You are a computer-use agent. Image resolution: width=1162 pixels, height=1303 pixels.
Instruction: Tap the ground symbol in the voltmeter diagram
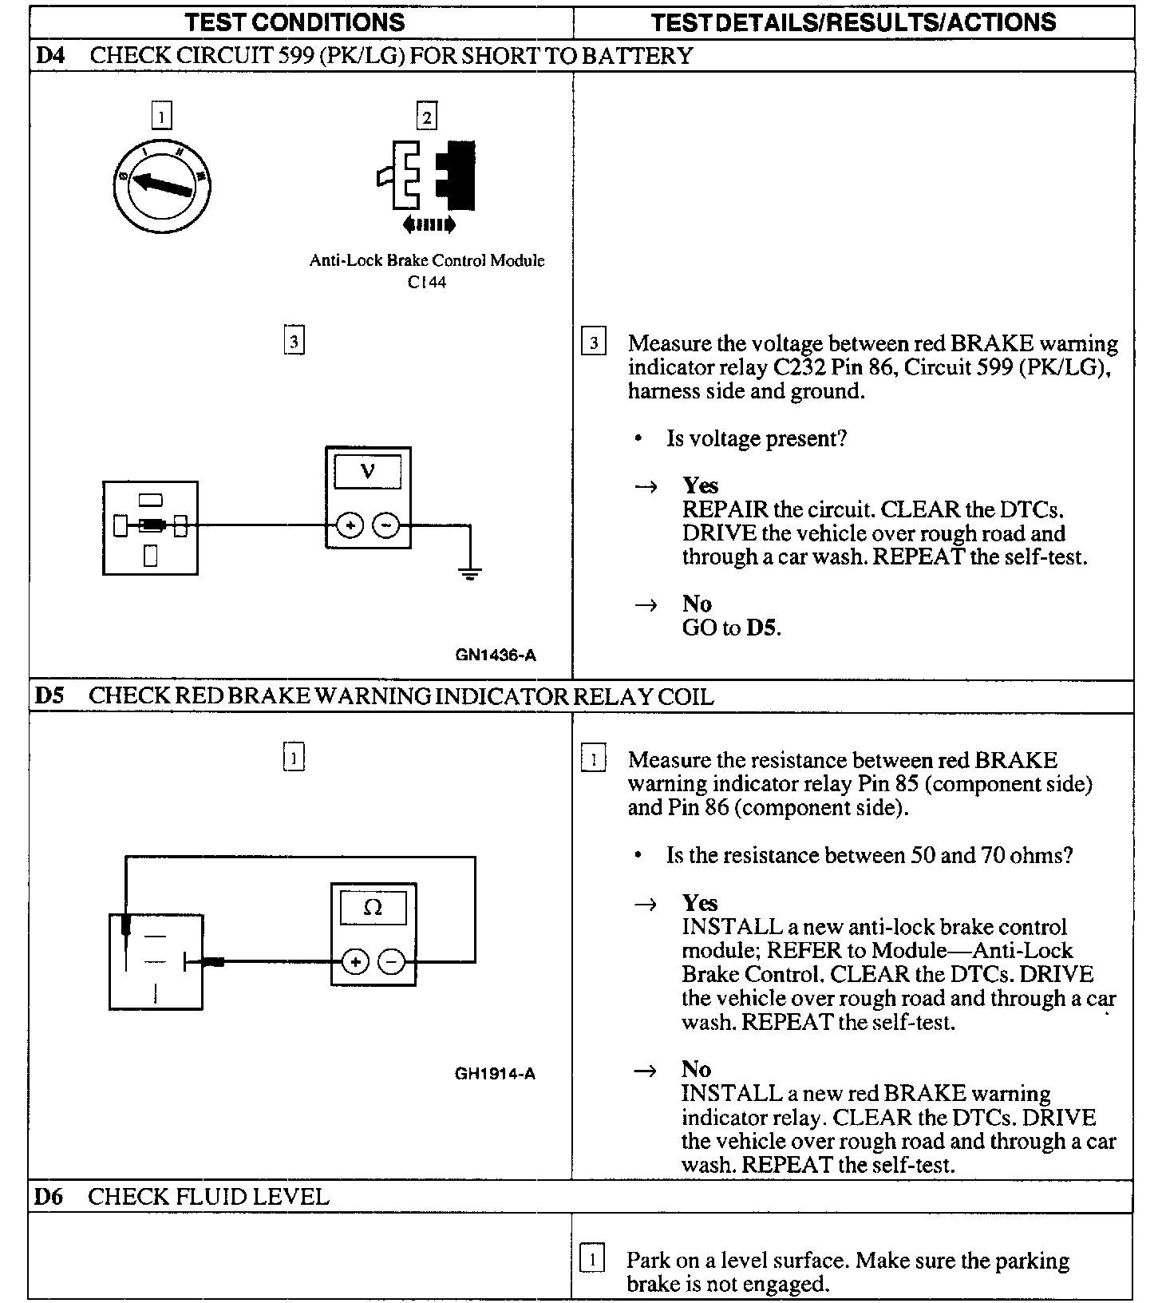[x=469, y=572]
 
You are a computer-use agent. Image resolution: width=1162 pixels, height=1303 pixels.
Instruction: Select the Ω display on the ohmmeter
[x=373, y=907]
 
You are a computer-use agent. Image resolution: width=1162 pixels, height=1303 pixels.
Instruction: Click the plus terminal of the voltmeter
[x=349, y=525]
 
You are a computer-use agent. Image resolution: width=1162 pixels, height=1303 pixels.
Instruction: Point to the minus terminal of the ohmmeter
[x=391, y=962]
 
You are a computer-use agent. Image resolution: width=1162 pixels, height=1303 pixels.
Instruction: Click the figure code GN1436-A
[x=496, y=655]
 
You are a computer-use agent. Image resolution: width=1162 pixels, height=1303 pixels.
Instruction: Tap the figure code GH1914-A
[x=495, y=1074]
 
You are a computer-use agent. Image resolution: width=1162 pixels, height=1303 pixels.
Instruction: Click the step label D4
[x=50, y=56]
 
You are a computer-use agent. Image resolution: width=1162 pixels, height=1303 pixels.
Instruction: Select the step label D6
[x=49, y=1197]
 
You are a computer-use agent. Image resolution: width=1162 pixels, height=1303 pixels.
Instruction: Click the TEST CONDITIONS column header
[x=295, y=22]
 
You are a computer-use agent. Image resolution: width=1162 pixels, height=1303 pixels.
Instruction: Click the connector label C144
[x=427, y=282]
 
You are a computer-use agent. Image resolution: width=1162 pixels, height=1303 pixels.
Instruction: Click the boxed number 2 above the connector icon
[x=427, y=117]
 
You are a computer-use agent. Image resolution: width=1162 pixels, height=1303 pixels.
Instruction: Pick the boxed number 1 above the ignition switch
[x=161, y=117]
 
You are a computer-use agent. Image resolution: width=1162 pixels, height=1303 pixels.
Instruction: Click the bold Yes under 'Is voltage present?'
[x=700, y=485]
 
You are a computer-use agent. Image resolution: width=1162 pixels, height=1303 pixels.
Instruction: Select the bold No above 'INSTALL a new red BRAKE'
[x=696, y=1069]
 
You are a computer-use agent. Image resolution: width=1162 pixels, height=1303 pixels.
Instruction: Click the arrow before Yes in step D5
[x=646, y=904]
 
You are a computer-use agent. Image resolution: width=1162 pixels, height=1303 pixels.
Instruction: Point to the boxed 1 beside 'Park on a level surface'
[x=591, y=1261]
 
